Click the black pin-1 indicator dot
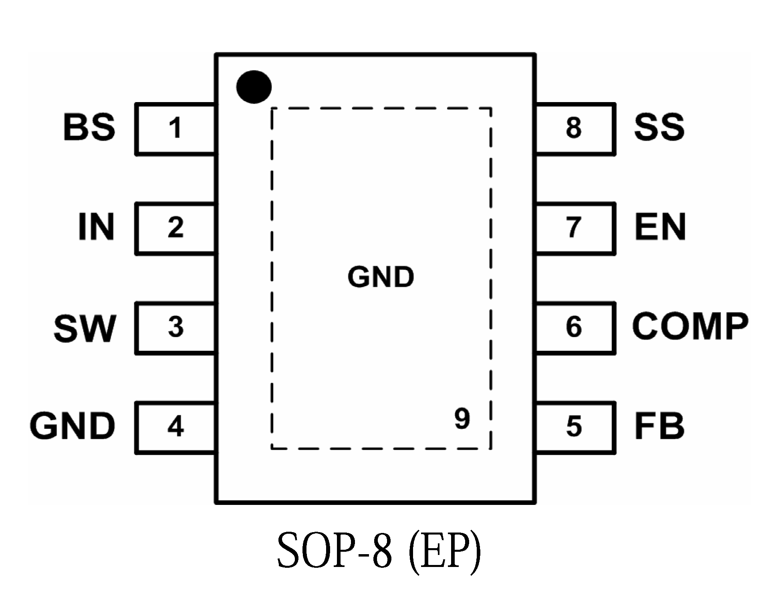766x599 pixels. [254, 86]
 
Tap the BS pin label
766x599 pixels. [89, 127]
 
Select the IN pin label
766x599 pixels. [96, 227]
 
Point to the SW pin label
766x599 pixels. [85, 328]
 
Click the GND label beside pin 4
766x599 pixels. [73, 426]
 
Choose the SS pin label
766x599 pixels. [659, 127]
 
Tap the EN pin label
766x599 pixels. [660, 227]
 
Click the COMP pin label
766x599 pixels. [690, 326]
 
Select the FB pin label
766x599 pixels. [659, 426]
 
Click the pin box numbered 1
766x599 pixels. [175, 129]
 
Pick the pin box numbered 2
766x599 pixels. [175, 228]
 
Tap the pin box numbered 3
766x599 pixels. [175, 328]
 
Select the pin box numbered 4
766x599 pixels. [175, 427]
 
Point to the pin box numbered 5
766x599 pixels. [574, 427]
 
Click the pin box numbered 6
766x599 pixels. [574, 328]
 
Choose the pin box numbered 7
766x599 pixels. [574, 228]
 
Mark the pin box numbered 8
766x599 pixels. [574, 129]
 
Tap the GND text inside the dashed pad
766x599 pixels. [381, 277]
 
